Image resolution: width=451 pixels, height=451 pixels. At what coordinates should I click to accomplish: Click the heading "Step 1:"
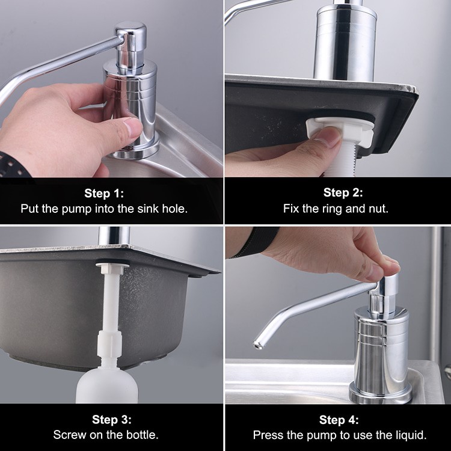point(104,193)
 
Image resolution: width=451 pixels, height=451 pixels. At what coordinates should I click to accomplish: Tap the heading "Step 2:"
point(343,192)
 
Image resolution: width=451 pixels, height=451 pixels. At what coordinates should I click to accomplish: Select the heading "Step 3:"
point(112,420)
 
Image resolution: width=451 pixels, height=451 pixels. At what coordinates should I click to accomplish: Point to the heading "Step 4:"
point(339,420)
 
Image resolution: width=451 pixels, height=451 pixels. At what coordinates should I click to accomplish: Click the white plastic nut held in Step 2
point(339,131)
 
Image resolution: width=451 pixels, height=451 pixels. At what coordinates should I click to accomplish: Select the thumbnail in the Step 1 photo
point(132,127)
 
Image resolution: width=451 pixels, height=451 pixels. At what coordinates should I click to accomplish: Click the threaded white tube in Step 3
point(109,302)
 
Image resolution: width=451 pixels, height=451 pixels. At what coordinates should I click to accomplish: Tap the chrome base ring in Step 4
point(381,393)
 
